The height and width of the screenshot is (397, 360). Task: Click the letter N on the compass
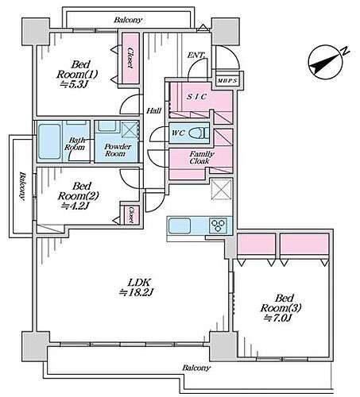[345, 51]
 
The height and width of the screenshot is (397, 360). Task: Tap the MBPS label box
[227, 81]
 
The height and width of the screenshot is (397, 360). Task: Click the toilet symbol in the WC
[199, 133]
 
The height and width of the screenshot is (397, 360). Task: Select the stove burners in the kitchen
[218, 225]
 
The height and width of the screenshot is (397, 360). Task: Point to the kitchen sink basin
[180, 225]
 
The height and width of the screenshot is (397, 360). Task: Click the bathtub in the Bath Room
[49, 141]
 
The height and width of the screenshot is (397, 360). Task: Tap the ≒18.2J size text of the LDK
[136, 292]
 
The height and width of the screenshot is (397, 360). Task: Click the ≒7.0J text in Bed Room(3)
[277, 318]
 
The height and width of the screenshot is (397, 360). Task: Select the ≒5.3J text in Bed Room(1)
[74, 84]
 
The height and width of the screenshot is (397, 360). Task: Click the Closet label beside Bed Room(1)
[130, 58]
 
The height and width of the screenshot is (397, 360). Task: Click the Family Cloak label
[202, 157]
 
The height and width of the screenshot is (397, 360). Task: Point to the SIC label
[196, 97]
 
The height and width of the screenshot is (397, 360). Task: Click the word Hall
[154, 110]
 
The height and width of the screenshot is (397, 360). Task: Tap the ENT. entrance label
[196, 56]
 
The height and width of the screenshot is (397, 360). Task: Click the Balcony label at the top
[128, 20]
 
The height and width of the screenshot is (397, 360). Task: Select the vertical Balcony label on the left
[22, 186]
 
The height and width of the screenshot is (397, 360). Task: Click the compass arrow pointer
[325, 64]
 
